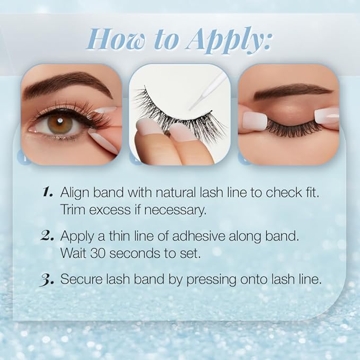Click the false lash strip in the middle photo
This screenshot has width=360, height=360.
tap(175, 111)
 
